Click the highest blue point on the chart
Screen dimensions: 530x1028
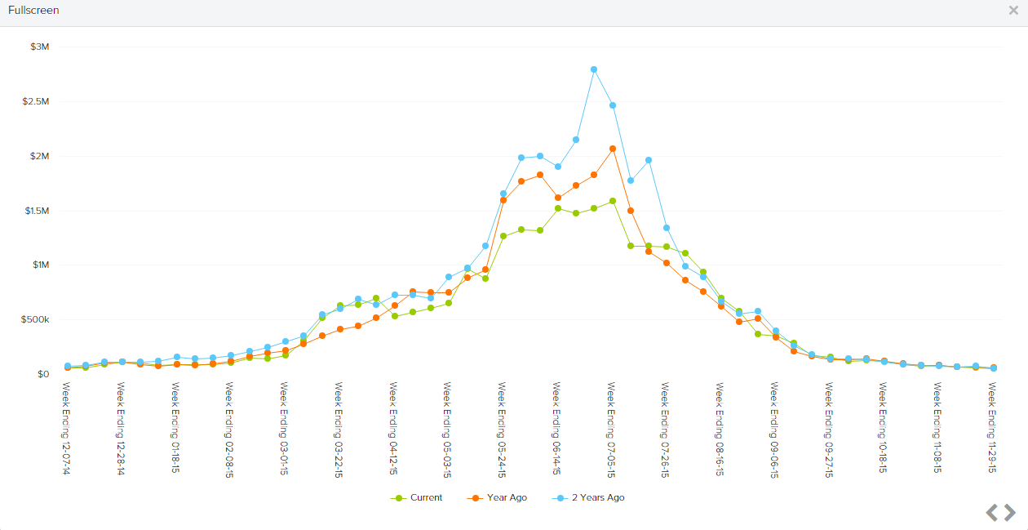click(x=594, y=69)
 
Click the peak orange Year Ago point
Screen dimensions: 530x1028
click(x=612, y=149)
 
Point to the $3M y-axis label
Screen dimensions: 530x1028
click(x=39, y=47)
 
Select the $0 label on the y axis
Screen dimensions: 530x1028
click(x=42, y=374)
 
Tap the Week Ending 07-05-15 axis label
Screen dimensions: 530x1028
click(x=611, y=429)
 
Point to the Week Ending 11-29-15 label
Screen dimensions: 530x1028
click(x=993, y=429)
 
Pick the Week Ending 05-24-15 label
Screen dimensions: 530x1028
click(x=503, y=429)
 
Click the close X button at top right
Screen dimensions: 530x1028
click(x=1013, y=11)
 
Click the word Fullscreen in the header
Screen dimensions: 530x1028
click(x=33, y=11)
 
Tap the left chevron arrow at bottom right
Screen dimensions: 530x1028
click(x=992, y=512)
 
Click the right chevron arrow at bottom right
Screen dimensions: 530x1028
click(x=1010, y=512)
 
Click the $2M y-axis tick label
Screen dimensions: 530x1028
click(x=39, y=156)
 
